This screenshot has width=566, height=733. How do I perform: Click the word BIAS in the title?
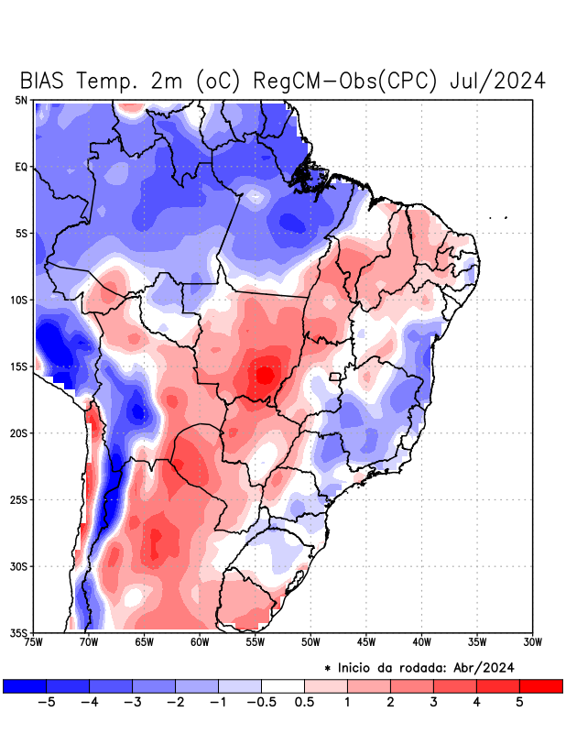(43, 81)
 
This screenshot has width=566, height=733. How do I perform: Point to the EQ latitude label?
(20, 167)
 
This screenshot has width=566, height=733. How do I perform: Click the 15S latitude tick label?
(18, 366)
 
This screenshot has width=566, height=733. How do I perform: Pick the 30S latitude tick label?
(18, 566)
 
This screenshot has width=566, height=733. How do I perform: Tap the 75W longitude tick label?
(35, 641)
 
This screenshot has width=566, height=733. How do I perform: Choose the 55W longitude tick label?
(256, 641)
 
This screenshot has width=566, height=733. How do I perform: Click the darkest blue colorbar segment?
(25, 685)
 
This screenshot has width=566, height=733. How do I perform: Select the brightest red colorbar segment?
(540, 685)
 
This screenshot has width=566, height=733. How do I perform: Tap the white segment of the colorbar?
(283, 685)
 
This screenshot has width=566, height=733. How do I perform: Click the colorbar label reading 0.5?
(305, 703)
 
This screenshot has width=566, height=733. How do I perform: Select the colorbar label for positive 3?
(433, 703)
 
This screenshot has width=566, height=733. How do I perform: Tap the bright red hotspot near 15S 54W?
(265, 375)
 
